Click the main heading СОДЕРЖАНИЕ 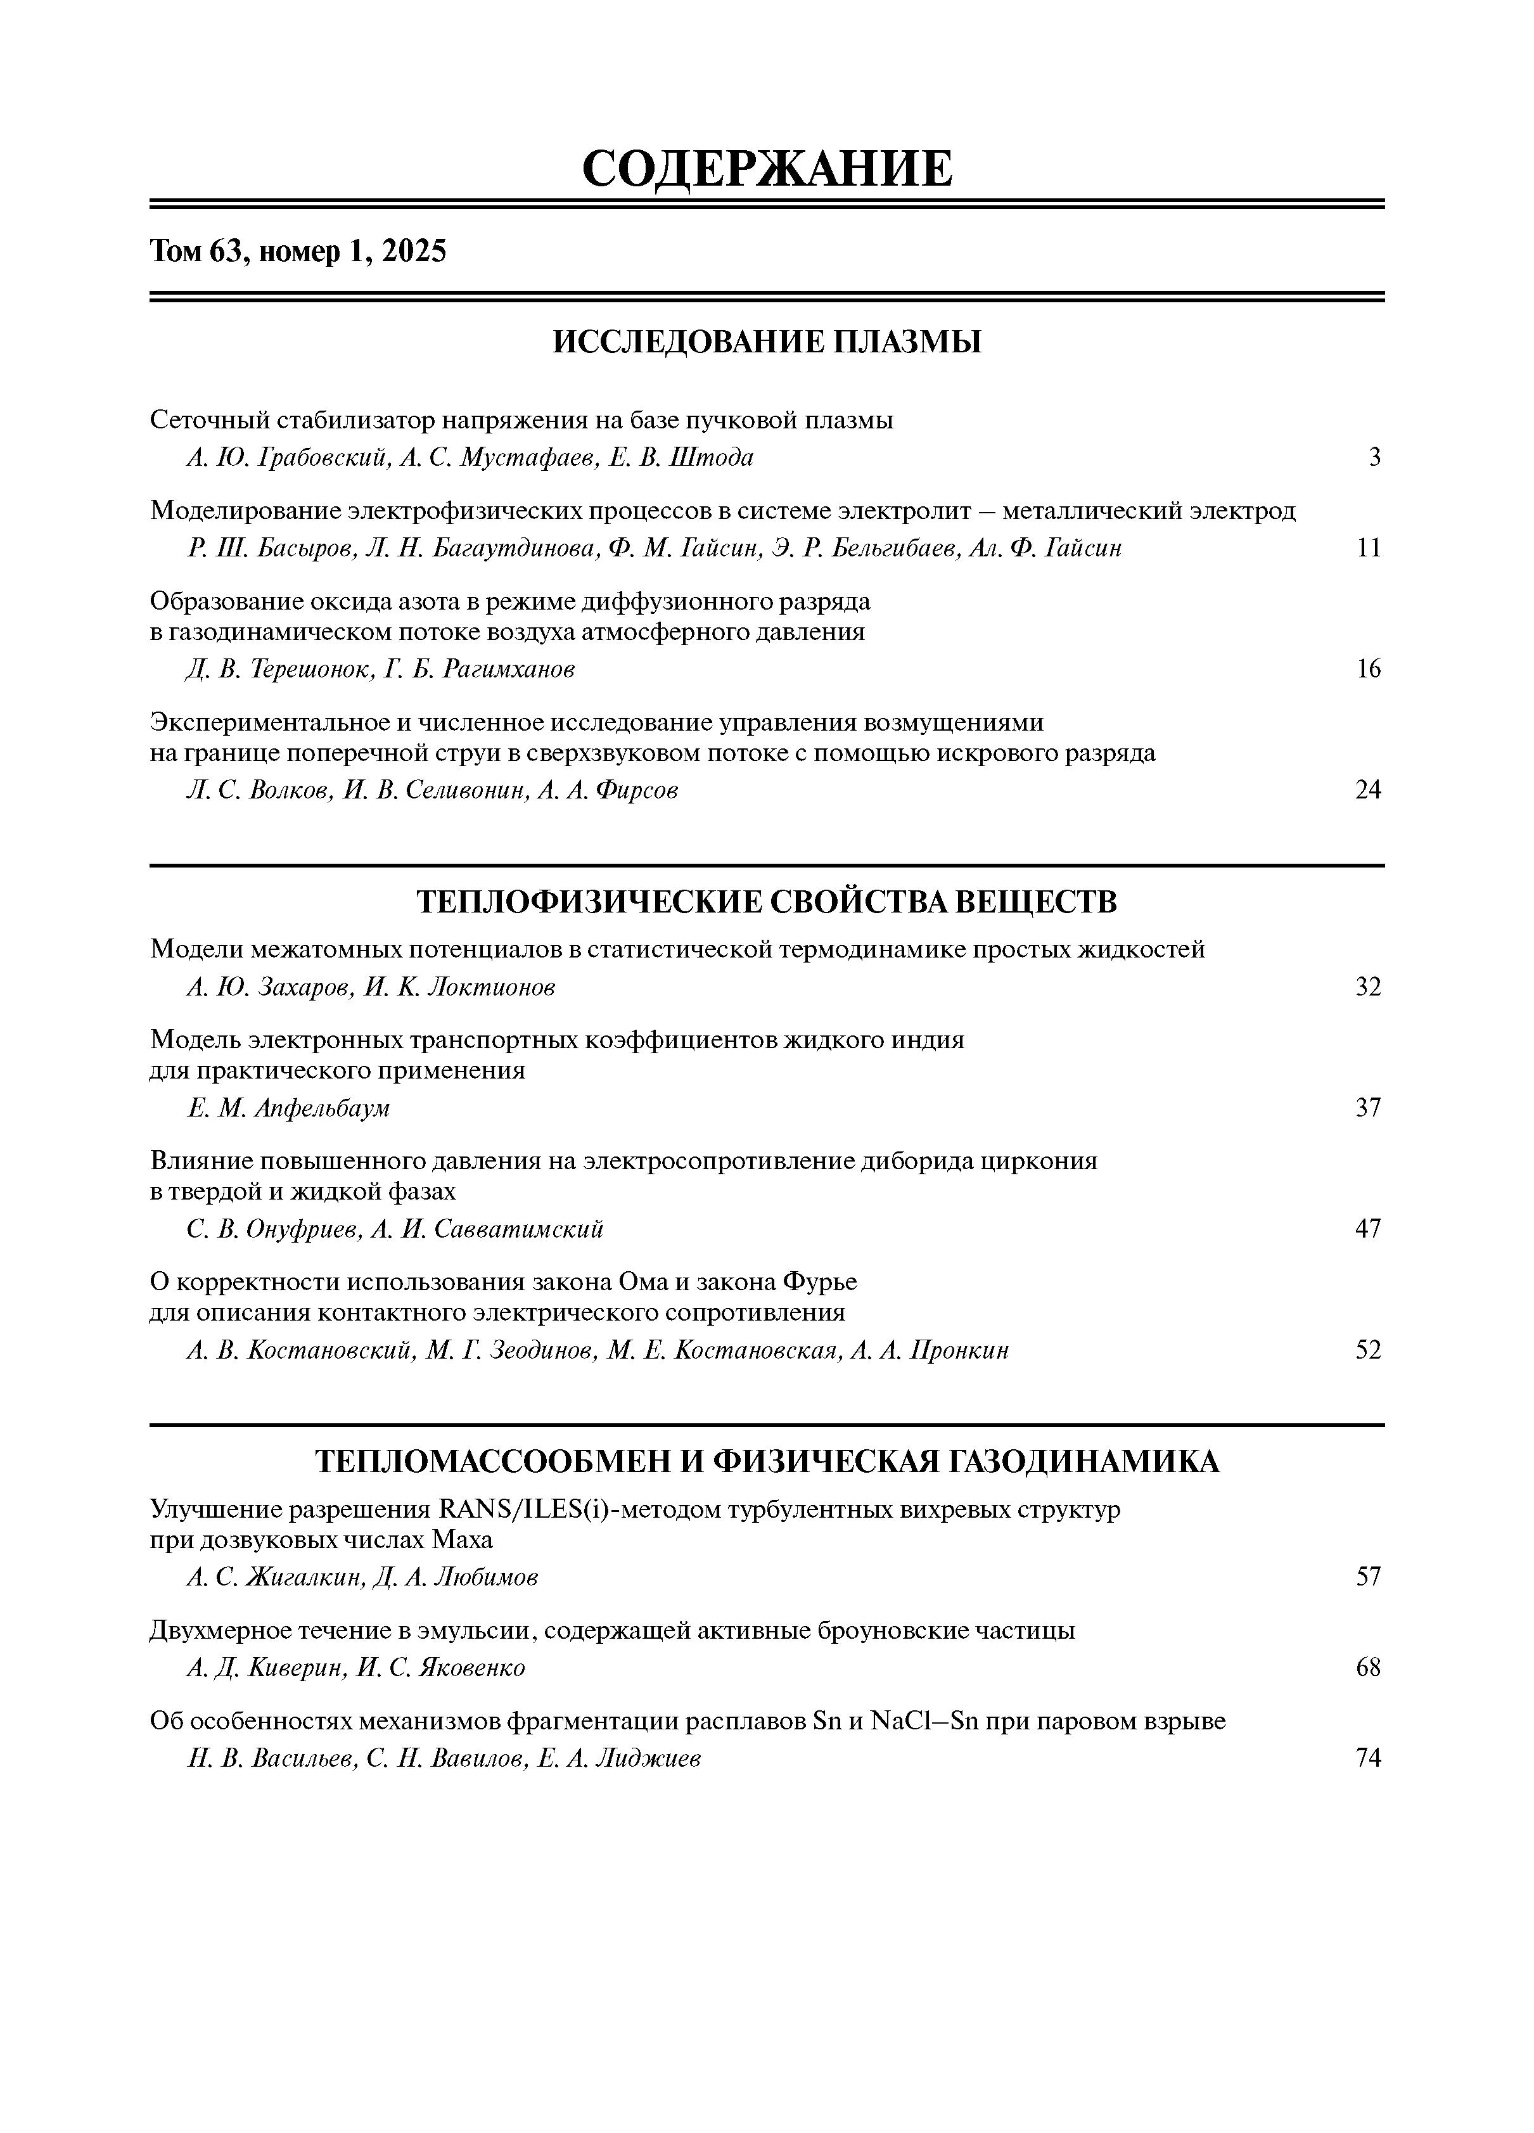767,169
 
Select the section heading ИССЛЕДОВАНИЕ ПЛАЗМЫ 767,342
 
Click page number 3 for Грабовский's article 1374,458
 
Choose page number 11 1369,548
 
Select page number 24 1369,790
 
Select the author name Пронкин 959,1350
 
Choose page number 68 1369,1667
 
